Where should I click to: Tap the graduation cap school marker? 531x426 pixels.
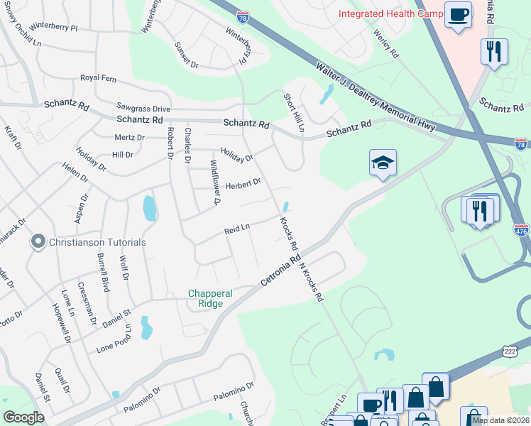pos(382,163)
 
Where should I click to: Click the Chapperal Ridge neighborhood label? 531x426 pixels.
pos(205,298)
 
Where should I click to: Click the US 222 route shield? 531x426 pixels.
pos(510,351)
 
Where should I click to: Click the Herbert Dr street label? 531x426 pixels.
pos(243,184)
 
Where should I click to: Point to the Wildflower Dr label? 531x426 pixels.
pos(216,180)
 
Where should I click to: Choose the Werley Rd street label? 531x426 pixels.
pos(384,43)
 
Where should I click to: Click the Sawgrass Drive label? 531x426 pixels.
pos(143,109)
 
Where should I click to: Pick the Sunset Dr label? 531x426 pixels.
pos(187,54)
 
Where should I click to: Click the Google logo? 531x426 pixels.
pos(24,417)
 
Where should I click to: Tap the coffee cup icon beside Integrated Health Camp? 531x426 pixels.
pos(459,14)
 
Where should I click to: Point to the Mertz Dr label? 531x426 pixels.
pos(129,137)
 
